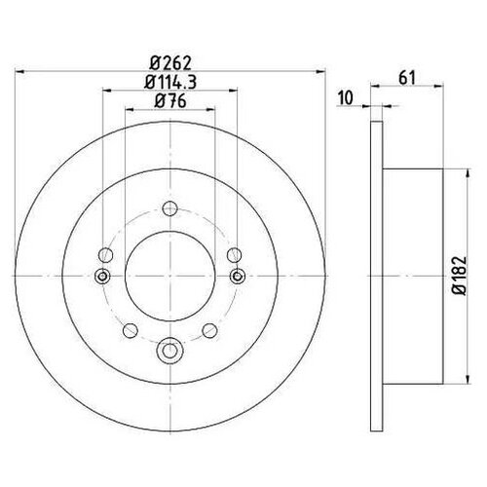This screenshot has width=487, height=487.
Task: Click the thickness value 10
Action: point(346,96)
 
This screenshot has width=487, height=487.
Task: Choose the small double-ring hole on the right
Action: point(236,278)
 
